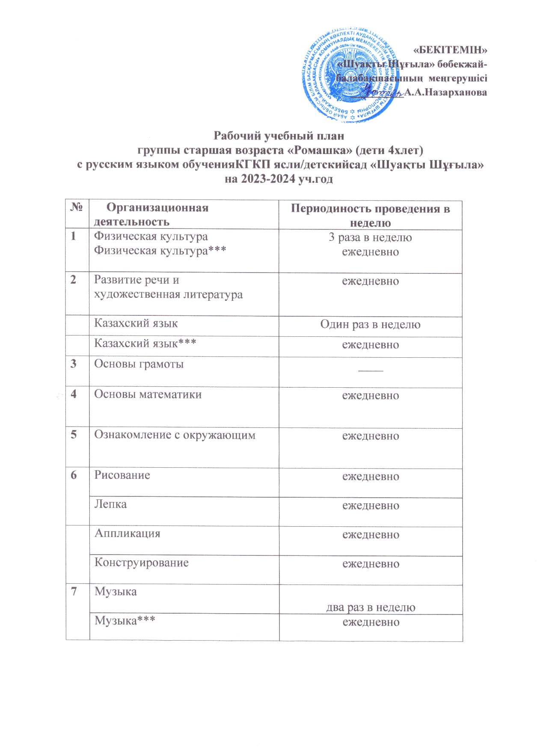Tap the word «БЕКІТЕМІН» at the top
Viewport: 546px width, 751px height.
(450, 50)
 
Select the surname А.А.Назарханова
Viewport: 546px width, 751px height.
(445, 92)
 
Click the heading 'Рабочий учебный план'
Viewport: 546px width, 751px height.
(279, 136)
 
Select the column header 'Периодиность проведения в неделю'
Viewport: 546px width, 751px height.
(370, 215)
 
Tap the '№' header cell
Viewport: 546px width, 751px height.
(77, 208)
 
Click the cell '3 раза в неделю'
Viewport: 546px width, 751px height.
(370, 238)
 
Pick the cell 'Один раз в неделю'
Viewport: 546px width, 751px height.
(370, 325)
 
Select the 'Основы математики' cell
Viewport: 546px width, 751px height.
(148, 395)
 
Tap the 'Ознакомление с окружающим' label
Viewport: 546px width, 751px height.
(175, 435)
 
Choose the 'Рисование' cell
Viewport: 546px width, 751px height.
(122, 475)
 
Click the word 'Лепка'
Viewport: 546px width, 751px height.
(110, 505)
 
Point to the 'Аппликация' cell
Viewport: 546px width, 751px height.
(127, 534)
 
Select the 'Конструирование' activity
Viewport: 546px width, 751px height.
(141, 563)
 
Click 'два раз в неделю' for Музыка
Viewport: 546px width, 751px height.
(371, 608)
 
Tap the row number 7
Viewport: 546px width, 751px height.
(74, 592)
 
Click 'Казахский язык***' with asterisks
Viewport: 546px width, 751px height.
(145, 343)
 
